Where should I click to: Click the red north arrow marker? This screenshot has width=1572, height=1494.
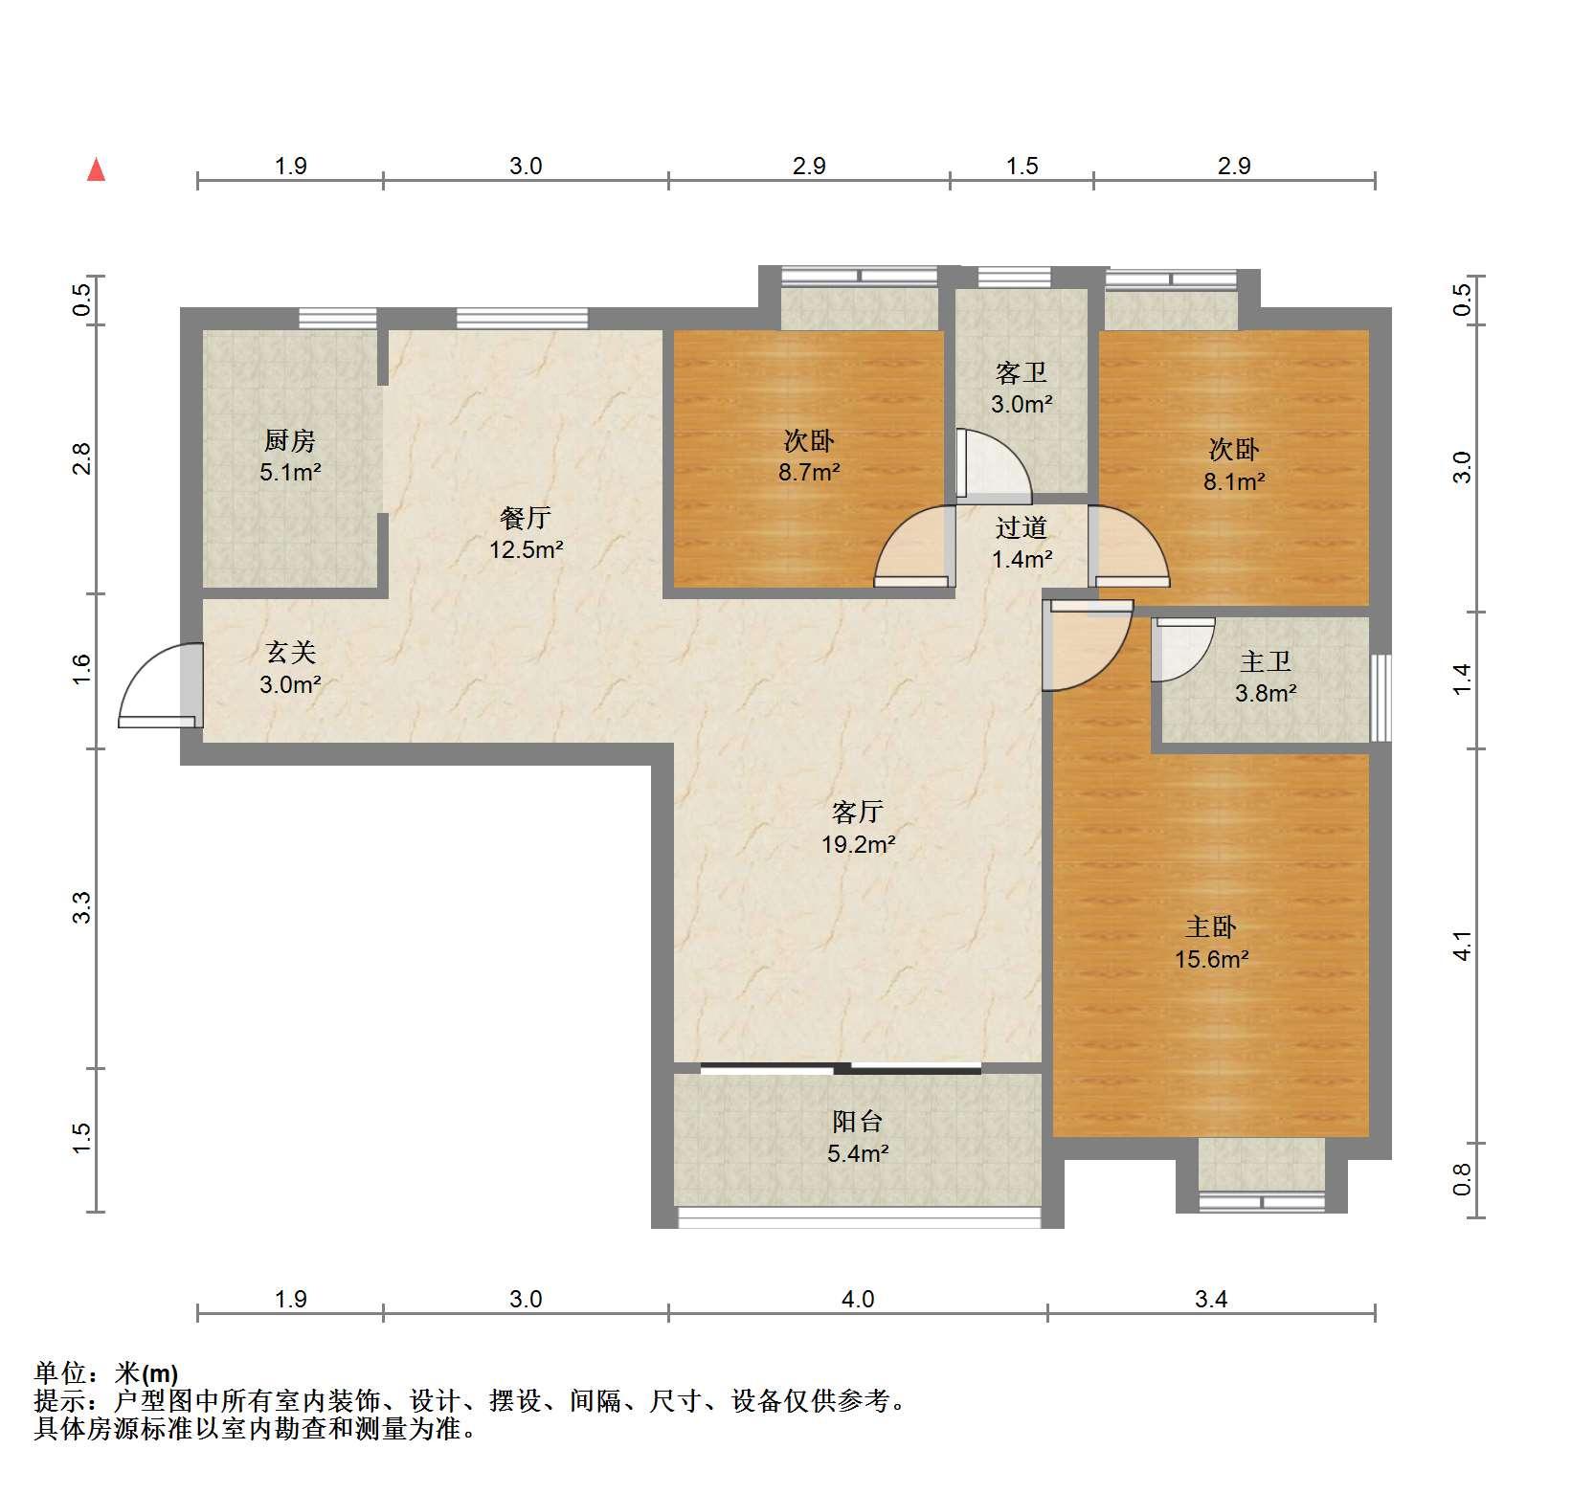[x=96, y=169]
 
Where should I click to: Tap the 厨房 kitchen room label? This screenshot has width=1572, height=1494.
[x=289, y=440]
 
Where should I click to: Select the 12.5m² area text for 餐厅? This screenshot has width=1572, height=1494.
[x=526, y=550]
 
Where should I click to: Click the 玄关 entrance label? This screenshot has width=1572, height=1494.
[x=289, y=653]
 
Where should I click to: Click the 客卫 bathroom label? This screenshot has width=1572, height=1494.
[x=1021, y=372]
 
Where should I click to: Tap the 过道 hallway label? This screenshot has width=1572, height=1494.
[x=1021, y=527]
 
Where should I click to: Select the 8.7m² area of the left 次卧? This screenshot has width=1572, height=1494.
[x=809, y=472]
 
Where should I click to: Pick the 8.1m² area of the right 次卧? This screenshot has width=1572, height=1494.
[x=1233, y=481]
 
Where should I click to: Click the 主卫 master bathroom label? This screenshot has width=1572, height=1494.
[x=1266, y=661]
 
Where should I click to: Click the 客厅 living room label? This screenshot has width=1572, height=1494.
[x=857, y=812]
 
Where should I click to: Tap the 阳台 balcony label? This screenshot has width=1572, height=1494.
[x=857, y=1121]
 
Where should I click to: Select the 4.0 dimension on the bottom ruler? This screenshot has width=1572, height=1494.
[x=858, y=1299]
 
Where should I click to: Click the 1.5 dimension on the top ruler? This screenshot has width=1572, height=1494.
[x=1022, y=166]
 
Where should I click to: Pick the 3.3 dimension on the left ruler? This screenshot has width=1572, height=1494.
[x=82, y=906]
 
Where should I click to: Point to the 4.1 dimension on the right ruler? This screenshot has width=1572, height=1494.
[x=1461, y=946]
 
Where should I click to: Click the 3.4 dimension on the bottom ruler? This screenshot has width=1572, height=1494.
[x=1211, y=1299]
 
